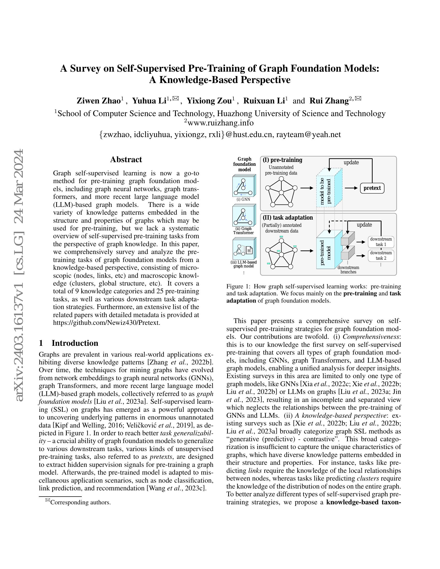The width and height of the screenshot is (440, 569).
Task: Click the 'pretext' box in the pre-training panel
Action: click(x=372, y=188)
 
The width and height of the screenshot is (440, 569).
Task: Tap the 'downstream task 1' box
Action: click(x=381, y=242)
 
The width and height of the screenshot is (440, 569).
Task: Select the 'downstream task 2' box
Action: click(x=381, y=256)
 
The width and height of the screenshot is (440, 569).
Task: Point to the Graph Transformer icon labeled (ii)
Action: click(x=244, y=215)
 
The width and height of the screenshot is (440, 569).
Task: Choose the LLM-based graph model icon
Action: click(x=244, y=249)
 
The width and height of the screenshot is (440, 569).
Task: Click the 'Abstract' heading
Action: click(x=126, y=159)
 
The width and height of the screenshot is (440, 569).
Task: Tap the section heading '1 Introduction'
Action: click(x=69, y=343)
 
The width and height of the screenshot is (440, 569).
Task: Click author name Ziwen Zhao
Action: click(x=98, y=101)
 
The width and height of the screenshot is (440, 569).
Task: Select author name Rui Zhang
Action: click(x=329, y=101)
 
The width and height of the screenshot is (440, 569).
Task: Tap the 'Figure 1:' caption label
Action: click(x=239, y=287)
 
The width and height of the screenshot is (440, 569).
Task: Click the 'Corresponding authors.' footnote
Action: click(x=80, y=502)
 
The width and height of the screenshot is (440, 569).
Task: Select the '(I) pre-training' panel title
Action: click(x=283, y=160)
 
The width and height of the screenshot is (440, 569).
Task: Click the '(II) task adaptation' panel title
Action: click(x=288, y=218)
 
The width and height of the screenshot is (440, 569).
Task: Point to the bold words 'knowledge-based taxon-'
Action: click(x=363, y=502)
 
